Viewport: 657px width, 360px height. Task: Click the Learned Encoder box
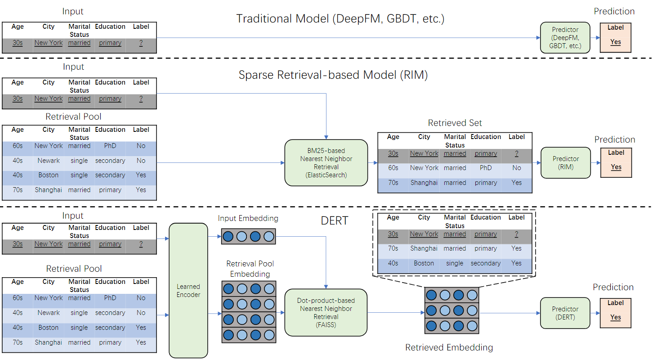[188, 290]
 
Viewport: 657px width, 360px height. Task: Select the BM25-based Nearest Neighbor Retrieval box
[326, 162]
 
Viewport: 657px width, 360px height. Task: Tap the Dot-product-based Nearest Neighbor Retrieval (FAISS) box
[326, 312]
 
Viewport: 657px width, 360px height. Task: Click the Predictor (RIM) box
[565, 162]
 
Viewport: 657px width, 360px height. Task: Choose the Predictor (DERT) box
[565, 313]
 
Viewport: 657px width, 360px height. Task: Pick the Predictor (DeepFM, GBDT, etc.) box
[565, 37]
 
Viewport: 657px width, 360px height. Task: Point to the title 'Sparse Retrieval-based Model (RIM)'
[333, 75]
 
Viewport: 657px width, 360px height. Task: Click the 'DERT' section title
[334, 220]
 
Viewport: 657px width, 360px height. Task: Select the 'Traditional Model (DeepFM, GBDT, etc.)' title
[340, 19]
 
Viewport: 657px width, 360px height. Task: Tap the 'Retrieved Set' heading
[455, 123]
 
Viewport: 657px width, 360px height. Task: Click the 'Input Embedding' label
[248, 218]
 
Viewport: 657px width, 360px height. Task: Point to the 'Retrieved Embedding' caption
[449, 347]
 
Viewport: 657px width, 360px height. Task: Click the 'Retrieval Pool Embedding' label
[250, 269]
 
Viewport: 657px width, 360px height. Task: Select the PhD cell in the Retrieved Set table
[486, 168]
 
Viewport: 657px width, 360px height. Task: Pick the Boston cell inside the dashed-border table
[424, 263]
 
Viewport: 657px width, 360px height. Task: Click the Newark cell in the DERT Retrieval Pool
[49, 313]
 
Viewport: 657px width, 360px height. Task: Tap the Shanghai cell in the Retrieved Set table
[424, 183]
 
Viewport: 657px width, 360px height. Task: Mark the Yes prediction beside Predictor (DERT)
[615, 317]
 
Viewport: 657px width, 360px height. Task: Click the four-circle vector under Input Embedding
[248, 236]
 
